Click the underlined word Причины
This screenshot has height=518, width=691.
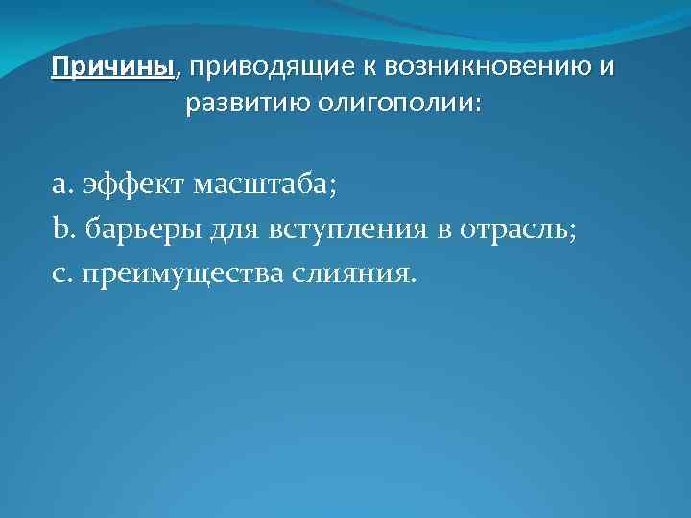click(x=114, y=69)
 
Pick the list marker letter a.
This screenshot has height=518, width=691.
click(x=60, y=185)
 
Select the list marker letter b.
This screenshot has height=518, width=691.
click(x=60, y=229)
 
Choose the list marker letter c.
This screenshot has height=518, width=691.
click(x=59, y=274)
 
